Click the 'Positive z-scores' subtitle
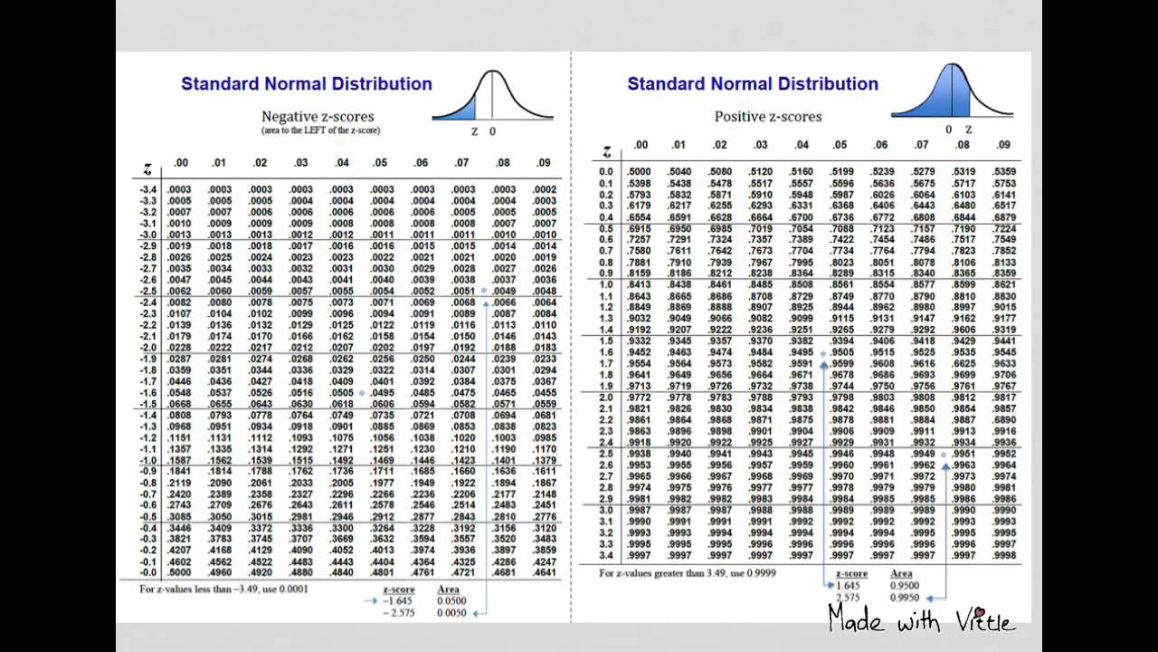[768, 117]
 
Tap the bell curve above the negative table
[492, 96]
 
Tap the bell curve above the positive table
[952, 91]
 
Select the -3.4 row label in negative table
[148, 189]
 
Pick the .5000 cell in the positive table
[639, 172]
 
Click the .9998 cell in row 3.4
[1004, 555]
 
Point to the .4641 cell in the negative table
[545, 572]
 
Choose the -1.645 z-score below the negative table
[398, 600]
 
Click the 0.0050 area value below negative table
[451, 613]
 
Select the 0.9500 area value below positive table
[905, 586]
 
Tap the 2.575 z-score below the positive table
[848, 598]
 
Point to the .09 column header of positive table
[1003, 145]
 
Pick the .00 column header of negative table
[181, 163]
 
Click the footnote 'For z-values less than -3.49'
[223, 590]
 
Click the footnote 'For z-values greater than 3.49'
[687, 573]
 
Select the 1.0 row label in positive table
[606, 284]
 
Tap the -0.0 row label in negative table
[148, 572]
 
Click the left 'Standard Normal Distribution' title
[307, 84]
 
